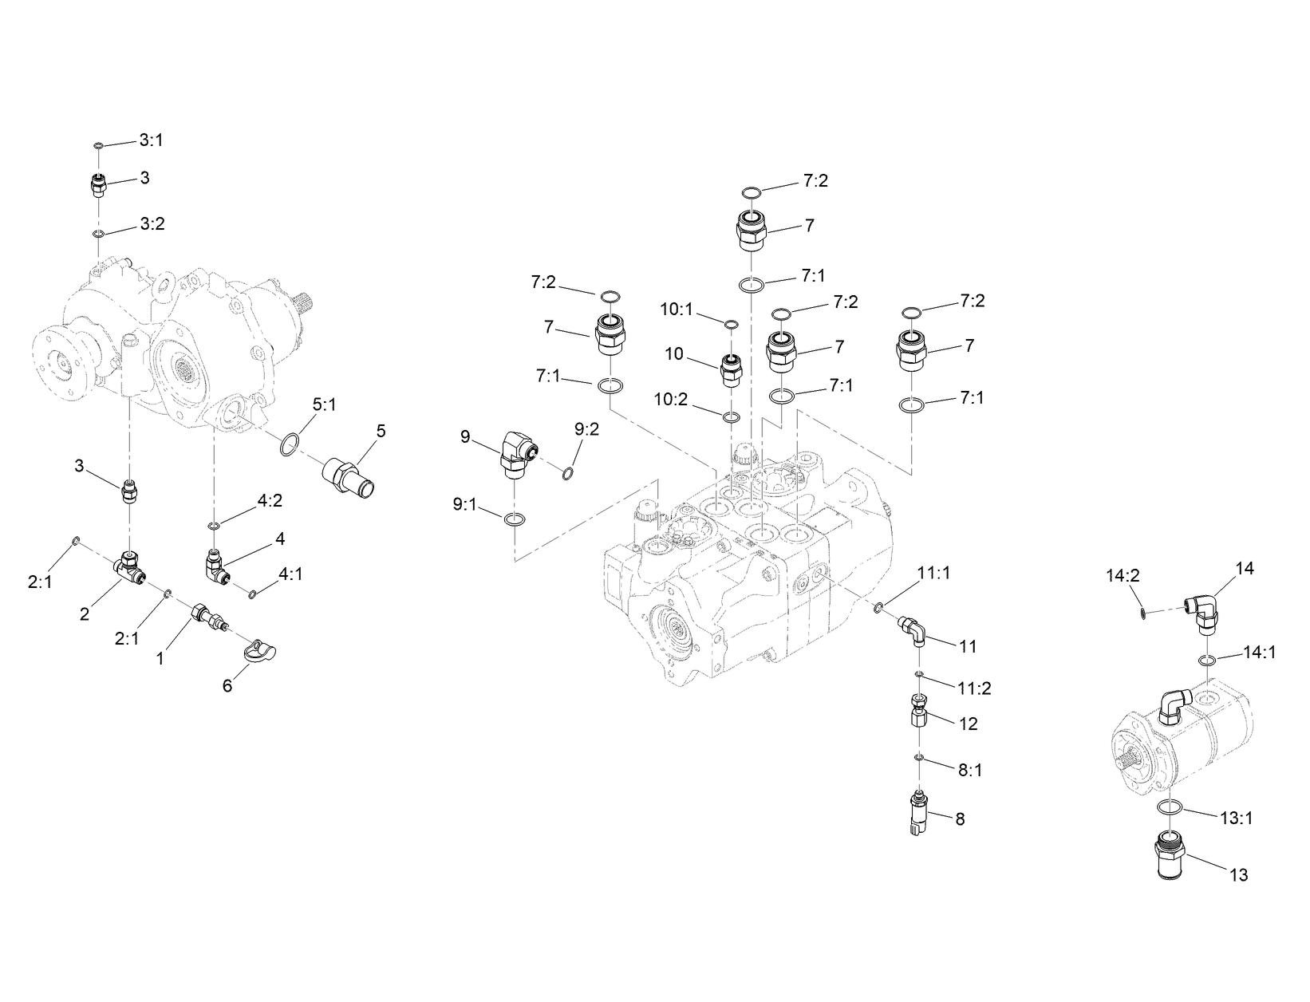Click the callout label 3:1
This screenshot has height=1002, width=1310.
(151, 140)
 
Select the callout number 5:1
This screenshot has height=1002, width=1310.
(324, 405)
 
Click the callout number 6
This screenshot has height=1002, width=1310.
(227, 686)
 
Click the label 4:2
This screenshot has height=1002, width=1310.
(270, 501)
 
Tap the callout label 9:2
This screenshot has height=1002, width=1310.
(586, 430)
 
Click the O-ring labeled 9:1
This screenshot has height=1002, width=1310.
(515, 520)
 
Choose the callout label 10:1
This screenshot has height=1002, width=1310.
(677, 308)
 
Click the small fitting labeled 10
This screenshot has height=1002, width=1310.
(731, 369)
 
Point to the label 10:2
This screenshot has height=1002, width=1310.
(671, 399)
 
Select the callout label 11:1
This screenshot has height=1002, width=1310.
(933, 574)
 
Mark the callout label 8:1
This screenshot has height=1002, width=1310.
(969, 771)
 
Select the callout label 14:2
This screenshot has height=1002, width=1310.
(1123, 575)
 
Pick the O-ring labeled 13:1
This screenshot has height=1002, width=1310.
(1169, 808)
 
